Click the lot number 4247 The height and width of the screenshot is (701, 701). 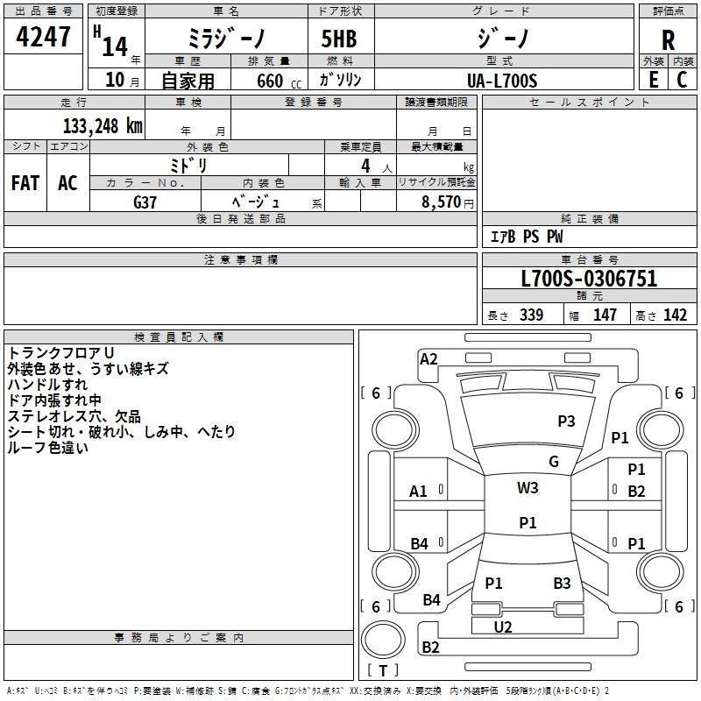click(44, 38)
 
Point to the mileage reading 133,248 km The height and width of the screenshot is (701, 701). click(103, 125)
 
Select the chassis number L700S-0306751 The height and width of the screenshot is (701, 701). click(589, 280)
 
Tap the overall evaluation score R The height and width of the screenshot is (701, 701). click(669, 39)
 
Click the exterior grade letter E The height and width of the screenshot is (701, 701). click(653, 80)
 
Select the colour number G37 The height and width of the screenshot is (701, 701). click(145, 201)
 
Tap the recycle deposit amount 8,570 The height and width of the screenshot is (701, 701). click(441, 202)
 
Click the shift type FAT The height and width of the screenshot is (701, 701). click(25, 183)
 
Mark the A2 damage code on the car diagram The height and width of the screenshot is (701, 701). click(428, 358)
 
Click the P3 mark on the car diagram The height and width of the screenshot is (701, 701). click(566, 421)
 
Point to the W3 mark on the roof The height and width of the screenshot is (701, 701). click(528, 488)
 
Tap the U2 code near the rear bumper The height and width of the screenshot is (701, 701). click(503, 627)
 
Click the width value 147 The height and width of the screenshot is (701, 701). click(605, 315)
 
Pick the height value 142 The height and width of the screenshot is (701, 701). click(675, 315)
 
